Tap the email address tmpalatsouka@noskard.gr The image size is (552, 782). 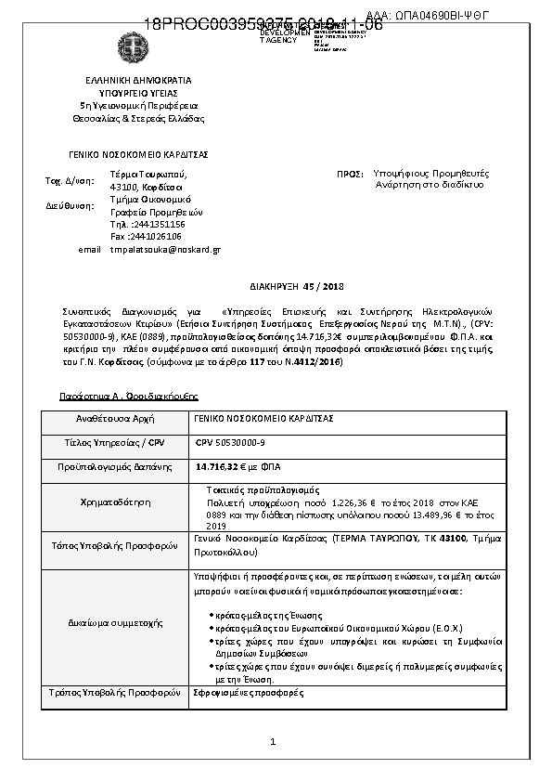[165, 249]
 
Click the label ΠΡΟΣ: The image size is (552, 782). [349, 174]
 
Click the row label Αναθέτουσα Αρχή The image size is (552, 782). [109, 420]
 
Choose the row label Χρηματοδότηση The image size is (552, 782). [109, 502]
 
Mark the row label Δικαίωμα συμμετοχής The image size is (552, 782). [109, 621]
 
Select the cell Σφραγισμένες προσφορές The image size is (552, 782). [237, 693]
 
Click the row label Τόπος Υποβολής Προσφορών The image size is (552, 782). [109, 545]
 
